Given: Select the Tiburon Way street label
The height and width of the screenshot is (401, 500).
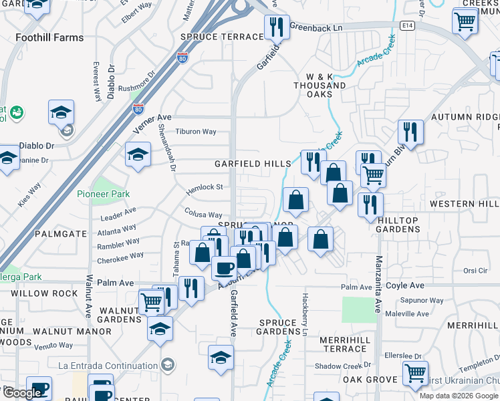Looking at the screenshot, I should point(196,132).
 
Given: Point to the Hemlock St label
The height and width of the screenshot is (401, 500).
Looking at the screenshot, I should point(204,188).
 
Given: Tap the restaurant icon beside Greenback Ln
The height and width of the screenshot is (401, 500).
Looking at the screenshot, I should point(276,28).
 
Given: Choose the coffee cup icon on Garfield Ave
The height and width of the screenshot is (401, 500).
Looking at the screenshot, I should point(225,268).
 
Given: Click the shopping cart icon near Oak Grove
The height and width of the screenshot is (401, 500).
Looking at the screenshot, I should point(415,373).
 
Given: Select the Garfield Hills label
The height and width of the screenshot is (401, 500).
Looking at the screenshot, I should point(253,164).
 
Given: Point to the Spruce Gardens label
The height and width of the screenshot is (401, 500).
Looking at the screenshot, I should point(278,327).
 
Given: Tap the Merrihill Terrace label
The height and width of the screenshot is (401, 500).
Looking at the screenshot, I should point(345,345).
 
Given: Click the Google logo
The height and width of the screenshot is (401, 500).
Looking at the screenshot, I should point(23,393).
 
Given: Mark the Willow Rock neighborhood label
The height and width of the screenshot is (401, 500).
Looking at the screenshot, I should point(39,293).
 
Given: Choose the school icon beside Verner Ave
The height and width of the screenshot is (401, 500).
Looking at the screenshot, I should point(138,155).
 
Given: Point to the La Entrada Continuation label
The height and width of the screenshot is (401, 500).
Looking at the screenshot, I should point(107,365).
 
